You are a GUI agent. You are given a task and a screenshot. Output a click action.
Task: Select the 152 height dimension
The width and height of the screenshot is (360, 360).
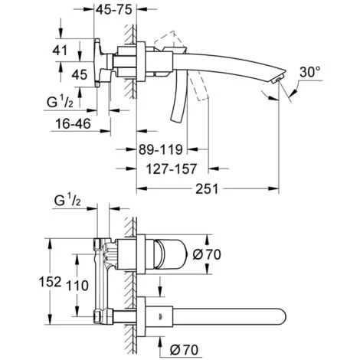[50, 281]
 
